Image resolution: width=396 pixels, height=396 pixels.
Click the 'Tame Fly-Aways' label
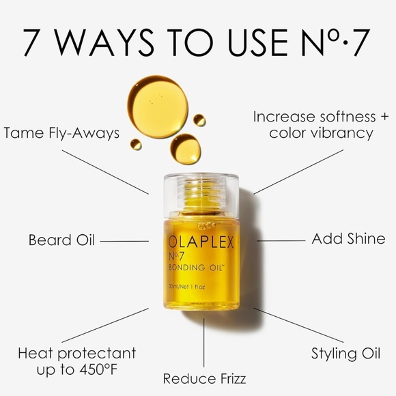pyautogui.click(x=61, y=134)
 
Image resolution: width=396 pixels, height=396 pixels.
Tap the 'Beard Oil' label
pyautogui.click(x=61, y=240)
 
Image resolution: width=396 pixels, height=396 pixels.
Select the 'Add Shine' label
pyautogui.click(x=348, y=239)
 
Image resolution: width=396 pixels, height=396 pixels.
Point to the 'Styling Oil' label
pyautogui.click(x=345, y=354)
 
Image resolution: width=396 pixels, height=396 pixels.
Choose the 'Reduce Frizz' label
pyautogui.click(x=204, y=379)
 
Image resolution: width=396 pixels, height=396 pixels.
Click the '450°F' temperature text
pyautogui.click(x=98, y=370)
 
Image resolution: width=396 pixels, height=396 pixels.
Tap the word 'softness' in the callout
pyautogui.click(x=348, y=117)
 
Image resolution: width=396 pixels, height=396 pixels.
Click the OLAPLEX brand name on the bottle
pyautogui.click(x=201, y=242)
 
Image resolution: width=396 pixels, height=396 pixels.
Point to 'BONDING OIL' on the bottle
pyautogui.click(x=197, y=268)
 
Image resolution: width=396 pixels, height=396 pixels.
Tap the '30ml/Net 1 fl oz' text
pyautogui.click(x=186, y=287)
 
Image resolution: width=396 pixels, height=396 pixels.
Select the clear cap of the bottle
pyautogui.click(x=201, y=196)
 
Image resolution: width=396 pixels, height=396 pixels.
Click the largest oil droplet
pyautogui.click(x=158, y=107)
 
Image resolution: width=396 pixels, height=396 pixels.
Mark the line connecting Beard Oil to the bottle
pyautogui.click(x=124, y=241)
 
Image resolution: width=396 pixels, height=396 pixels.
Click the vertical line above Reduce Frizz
pyautogui.click(x=204, y=343)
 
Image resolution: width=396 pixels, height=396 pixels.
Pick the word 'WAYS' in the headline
pyautogui.click(x=104, y=42)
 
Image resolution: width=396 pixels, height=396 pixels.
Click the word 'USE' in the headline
pyautogui.click(x=258, y=42)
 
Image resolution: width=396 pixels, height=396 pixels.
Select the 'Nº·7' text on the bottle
pyautogui.click(x=176, y=256)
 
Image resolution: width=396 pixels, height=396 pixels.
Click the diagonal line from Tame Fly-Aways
pyautogui.click(x=105, y=172)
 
